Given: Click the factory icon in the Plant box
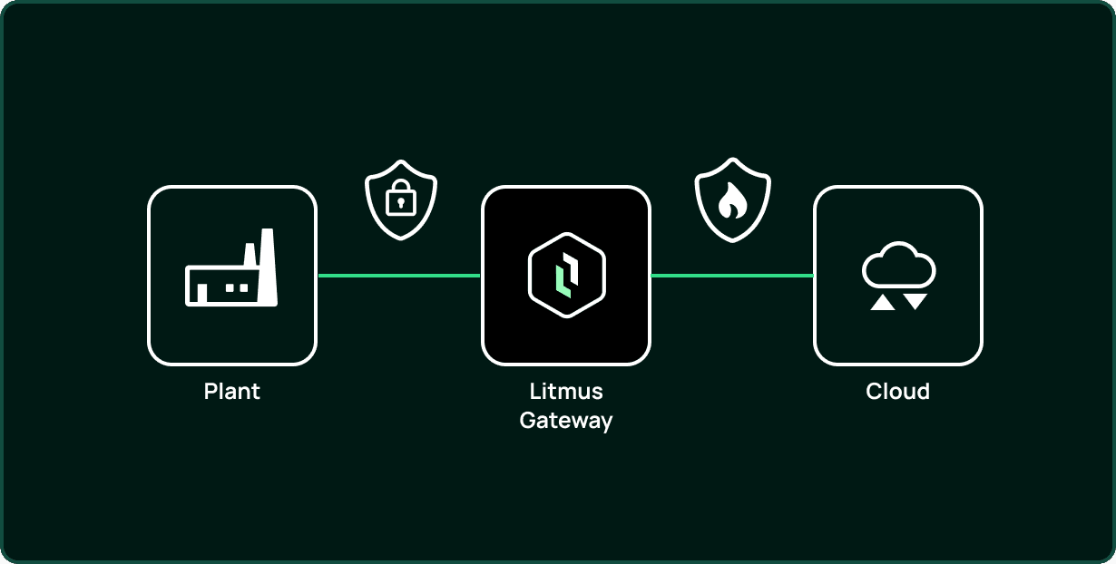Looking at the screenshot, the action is (231, 267).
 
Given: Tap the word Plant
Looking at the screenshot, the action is (231, 392).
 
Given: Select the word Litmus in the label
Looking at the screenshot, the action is (566, 392).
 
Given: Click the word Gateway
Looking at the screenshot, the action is (566, 421).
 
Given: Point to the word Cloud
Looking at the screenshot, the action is (897, 392).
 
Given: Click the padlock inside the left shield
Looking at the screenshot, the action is (401, 198).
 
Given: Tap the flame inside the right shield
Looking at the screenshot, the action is (732, 200).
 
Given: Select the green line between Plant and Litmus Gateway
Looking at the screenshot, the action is (399, 276).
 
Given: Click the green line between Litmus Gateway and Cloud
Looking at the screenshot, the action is (732, 276).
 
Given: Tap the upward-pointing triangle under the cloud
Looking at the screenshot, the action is (882, 302).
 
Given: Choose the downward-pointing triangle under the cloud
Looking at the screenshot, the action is (915, 301).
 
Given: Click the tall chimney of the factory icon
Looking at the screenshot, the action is (268, 267).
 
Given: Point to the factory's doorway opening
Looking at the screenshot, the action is (202, 293).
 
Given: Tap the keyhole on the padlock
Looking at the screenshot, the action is (401, 203).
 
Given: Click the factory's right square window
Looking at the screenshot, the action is (244, 287).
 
